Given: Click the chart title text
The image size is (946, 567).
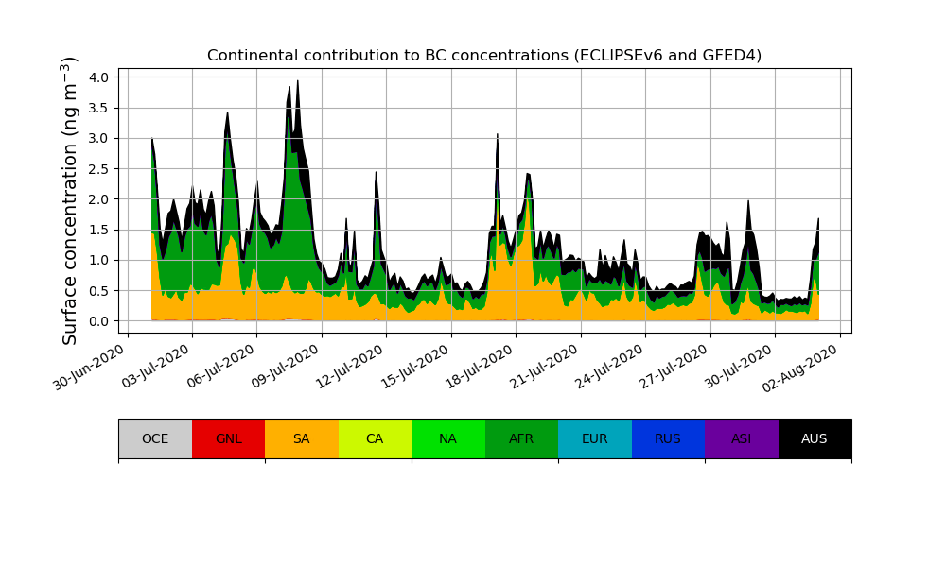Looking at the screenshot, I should tap(484, 56).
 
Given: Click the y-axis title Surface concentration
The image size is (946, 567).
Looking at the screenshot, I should tap(70, 200).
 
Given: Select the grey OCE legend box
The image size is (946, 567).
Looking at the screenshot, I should tap(155, 438).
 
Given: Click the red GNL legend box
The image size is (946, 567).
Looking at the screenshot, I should tap(228, 438).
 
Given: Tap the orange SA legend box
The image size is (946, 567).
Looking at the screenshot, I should tap(302, 438).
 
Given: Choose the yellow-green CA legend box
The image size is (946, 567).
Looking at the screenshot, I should tap(375, 438).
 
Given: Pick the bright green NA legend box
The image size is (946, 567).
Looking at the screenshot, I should tap(448, 438).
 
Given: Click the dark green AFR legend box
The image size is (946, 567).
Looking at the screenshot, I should tap(521, 438).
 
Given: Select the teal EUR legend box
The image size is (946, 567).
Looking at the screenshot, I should tap(595, 438).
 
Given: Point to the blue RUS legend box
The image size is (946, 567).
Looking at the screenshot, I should tap(668, 438).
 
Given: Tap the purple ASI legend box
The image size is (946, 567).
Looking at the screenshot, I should tap(742, 438).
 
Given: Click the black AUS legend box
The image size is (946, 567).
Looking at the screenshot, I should tap(815, 438).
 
